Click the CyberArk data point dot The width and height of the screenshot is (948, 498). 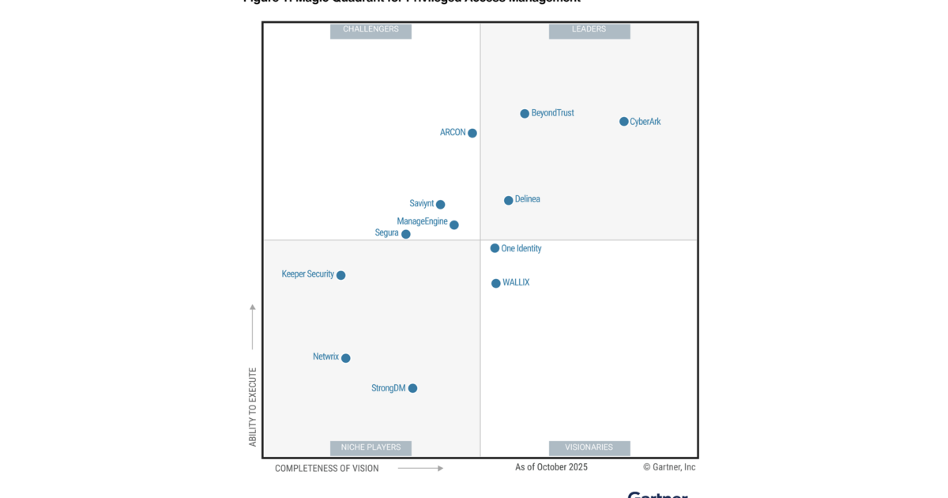click(x=624, y=122)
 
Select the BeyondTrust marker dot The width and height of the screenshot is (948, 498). click(x=525, y=114)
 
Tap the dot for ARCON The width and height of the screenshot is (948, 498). click(x=472, y=134)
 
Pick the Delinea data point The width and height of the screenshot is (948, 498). click(x=509, y=201)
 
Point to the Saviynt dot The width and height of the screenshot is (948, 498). click(x=441, y=205)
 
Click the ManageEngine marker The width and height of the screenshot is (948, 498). click(x=454, y=225)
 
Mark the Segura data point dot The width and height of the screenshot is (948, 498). click(x=406, y=234)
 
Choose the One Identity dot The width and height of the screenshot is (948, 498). click(x=495, y=248)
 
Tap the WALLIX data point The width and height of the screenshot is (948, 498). click(x=496, y=284)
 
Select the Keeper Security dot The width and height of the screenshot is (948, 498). click(x=341, y=276)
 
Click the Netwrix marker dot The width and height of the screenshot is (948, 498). click(x=346, y=358)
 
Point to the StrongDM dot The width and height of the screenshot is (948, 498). click(x=413, y=388)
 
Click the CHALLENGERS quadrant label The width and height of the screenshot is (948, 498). click(x=371, y=30)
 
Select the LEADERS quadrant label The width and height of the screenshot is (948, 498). click(x=589, y=30)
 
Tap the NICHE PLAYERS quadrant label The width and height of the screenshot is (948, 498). click(x=371, y=447)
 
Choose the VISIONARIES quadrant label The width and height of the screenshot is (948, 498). click(x=589, y=447)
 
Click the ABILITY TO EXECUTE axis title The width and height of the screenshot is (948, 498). click(x=253, y=406)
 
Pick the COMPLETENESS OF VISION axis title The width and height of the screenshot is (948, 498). click(x=327, y=469)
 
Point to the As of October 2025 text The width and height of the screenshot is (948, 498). click(x=551, y=467)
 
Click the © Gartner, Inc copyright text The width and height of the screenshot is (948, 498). click(x=669, y=467)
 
